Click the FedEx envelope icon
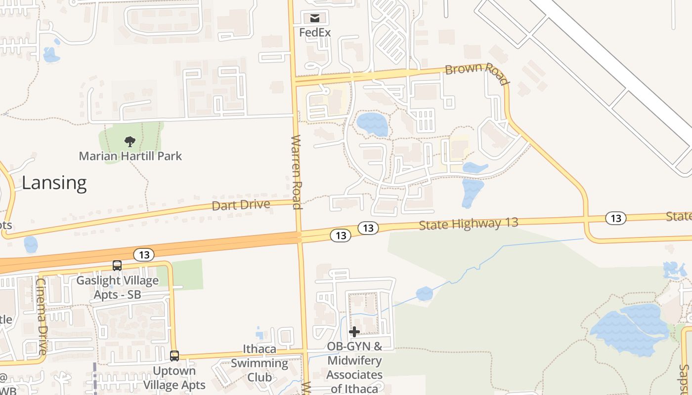pyautogui.click(x=315, y=18)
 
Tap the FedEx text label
pyautogui.click(x=315, y=32)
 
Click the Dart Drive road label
pyautogui.click(x=241, y=204)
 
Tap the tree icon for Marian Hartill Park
pyautogui.click(x=130, y=142)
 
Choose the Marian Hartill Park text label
pyautogui.click(x=130, y=156)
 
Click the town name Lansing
pyautogui.click(x=54, y=183)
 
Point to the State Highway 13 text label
pyautogui.click(x=468, y=224)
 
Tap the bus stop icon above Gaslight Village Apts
pyautogui.click(x=117, y=266)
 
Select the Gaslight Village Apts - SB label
pyautogui.click(x=118, y=287)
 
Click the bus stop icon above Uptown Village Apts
pyautogui.click(x=174, y=355)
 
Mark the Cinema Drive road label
pyautogui.click(x=42, y=316)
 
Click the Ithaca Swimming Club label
pyautogui.click(x=259, y=363)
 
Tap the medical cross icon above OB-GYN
pyautogui.click(x=354, y=332)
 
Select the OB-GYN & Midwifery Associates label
pyautogui.click(x=354, y=367)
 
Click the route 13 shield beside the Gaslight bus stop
pyautogui.click(x=144, y=255)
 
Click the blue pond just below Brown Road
pyautogui.click(x=373, y=124)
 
